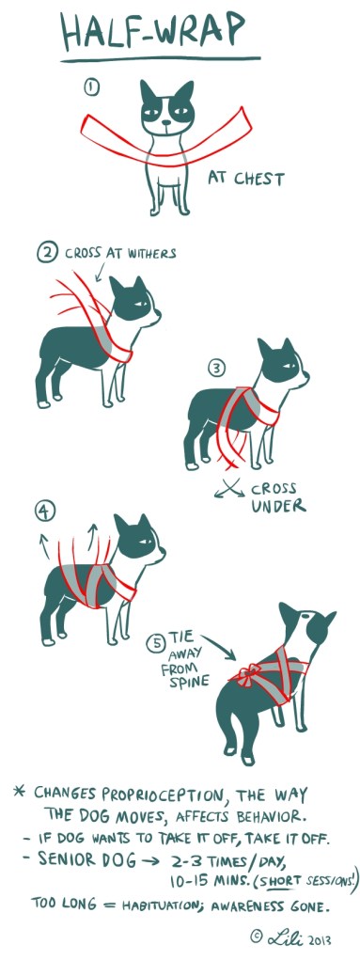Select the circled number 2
tap(46, 252)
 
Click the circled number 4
tap(43, 511)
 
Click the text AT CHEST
tap(246, 178)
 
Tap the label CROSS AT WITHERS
tap(119, 253)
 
